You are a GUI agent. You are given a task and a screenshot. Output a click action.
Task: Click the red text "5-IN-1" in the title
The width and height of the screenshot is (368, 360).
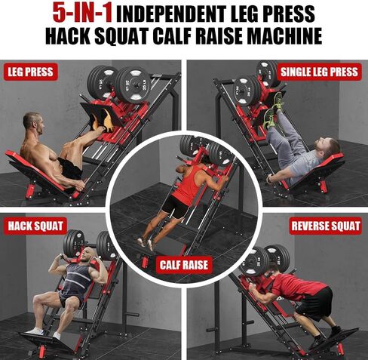81,12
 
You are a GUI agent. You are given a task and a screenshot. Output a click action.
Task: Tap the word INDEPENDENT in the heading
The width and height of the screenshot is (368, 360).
179,13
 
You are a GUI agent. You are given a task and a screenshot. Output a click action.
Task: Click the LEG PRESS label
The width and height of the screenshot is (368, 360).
31,72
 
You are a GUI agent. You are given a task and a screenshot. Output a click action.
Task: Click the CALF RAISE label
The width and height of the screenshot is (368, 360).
183,266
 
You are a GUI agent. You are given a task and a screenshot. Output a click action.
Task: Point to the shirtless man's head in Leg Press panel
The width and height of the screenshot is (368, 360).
32,122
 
